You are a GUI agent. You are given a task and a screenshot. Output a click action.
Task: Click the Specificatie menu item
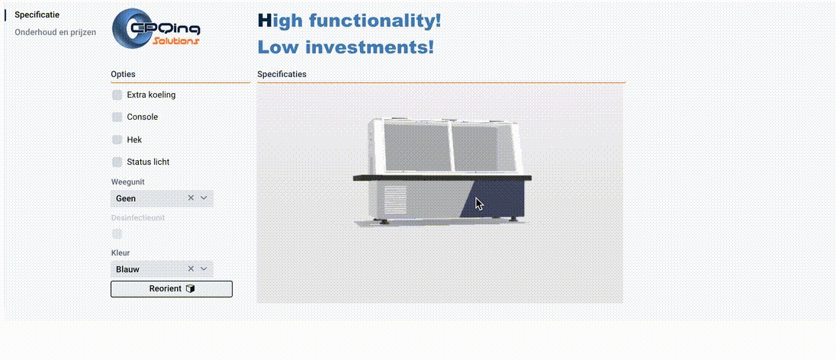[37, 14]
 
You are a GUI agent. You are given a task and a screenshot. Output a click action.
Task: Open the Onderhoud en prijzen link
[55, 32]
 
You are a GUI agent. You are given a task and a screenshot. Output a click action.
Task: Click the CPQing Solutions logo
[156, 30]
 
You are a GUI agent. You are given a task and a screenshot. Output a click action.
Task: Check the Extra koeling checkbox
[117, 95]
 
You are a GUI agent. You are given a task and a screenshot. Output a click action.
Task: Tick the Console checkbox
[117, 117]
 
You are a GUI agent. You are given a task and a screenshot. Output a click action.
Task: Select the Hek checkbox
[117, 140]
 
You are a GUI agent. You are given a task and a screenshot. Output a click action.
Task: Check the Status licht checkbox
[117, 162]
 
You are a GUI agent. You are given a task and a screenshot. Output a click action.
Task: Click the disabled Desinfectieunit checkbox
[117, 233]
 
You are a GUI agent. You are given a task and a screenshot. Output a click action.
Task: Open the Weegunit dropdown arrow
[204, 198]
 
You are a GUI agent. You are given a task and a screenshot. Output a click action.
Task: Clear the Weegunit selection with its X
[191, 198]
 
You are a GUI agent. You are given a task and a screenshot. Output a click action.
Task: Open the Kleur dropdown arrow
[204, 269]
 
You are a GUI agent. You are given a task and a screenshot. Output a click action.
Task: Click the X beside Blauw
[191, 269]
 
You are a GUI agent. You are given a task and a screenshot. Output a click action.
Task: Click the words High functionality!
[349, 21]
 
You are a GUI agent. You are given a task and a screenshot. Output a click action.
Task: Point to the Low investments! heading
[346, 47]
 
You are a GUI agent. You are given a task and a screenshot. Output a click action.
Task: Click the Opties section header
[124, 74]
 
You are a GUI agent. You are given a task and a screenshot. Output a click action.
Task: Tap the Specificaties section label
[281, 74]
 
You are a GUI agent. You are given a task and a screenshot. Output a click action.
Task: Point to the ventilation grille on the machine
[394, 200]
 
